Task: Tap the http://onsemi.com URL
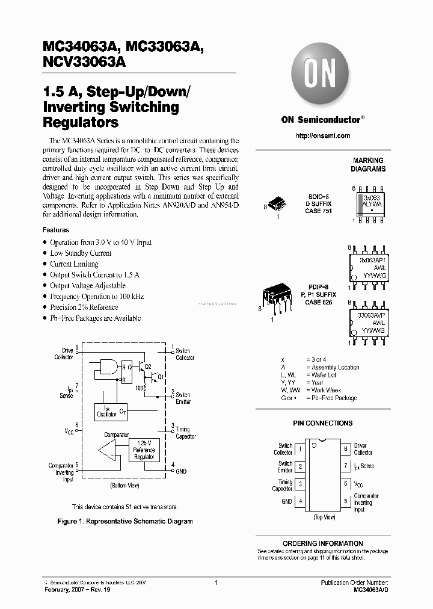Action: click(x=323, y=136)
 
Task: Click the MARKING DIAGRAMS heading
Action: click(x=368, y=165)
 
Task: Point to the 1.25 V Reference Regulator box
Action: click(x=144, y=450)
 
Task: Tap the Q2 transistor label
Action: click(x=148, y=365)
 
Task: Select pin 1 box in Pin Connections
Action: click(x=301, y=449)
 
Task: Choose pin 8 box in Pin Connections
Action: click(x=345, y=449)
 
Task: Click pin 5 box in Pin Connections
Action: click(x=345, y=501)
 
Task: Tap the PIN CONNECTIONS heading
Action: click(x=323, y=424)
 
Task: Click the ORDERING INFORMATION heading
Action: click(x=322, y=543)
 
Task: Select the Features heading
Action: click(x=56, y=230)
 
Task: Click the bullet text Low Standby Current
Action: click(x=81, y=253)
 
